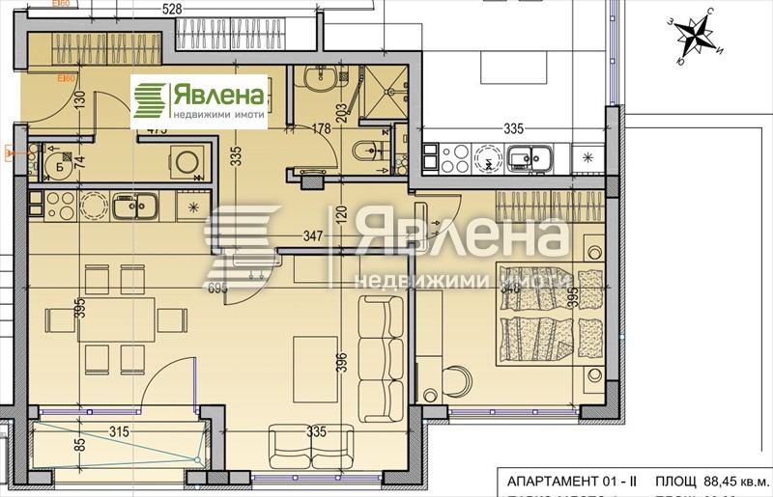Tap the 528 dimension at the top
click(172, 9)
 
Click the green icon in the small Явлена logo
click(150, 100)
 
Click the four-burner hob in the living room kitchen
click(54, 205)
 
